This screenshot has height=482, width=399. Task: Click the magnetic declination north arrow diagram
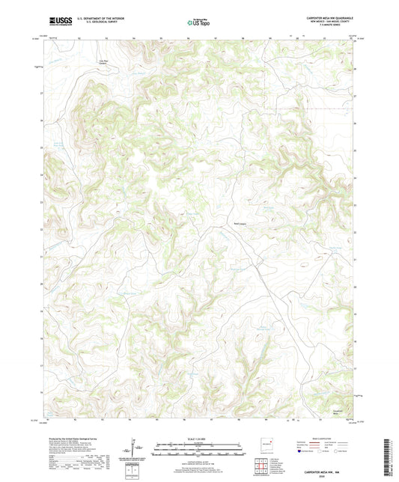[135, 449]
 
